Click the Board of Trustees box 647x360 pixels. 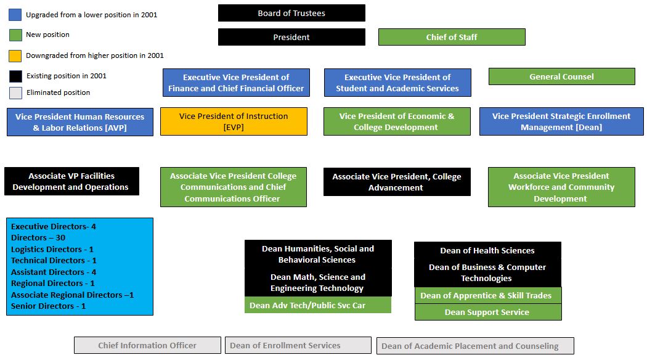click(x=291, y=13)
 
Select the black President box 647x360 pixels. click(x=291, y=37)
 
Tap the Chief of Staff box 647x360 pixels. click(x=452, y=37)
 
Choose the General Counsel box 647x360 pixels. click(x=561, y=77)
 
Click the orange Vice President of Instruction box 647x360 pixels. click(x=234, y=121)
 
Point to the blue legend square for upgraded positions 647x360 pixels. click(x=15, y=15)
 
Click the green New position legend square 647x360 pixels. click(x=15, y=35)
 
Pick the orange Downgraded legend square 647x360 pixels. click(x=15, y=55)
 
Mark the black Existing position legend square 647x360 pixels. click(x=15, y=76)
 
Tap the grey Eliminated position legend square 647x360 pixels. click(x=15, y=93)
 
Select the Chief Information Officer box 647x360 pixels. click(x=147, y=346)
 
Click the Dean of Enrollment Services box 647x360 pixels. click(x=298, y=346)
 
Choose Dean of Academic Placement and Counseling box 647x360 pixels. click(x=475, y=346)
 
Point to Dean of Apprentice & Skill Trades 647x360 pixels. click(x=486, y=296)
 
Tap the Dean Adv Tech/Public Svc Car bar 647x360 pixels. click(x=318, y=305)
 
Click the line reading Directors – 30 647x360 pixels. click(x=38, y=238)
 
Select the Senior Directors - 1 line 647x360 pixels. click(x=48, y=306)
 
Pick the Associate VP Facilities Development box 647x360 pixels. click(x=72, y=181)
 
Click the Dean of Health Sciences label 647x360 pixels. click(x=487, y=251)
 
